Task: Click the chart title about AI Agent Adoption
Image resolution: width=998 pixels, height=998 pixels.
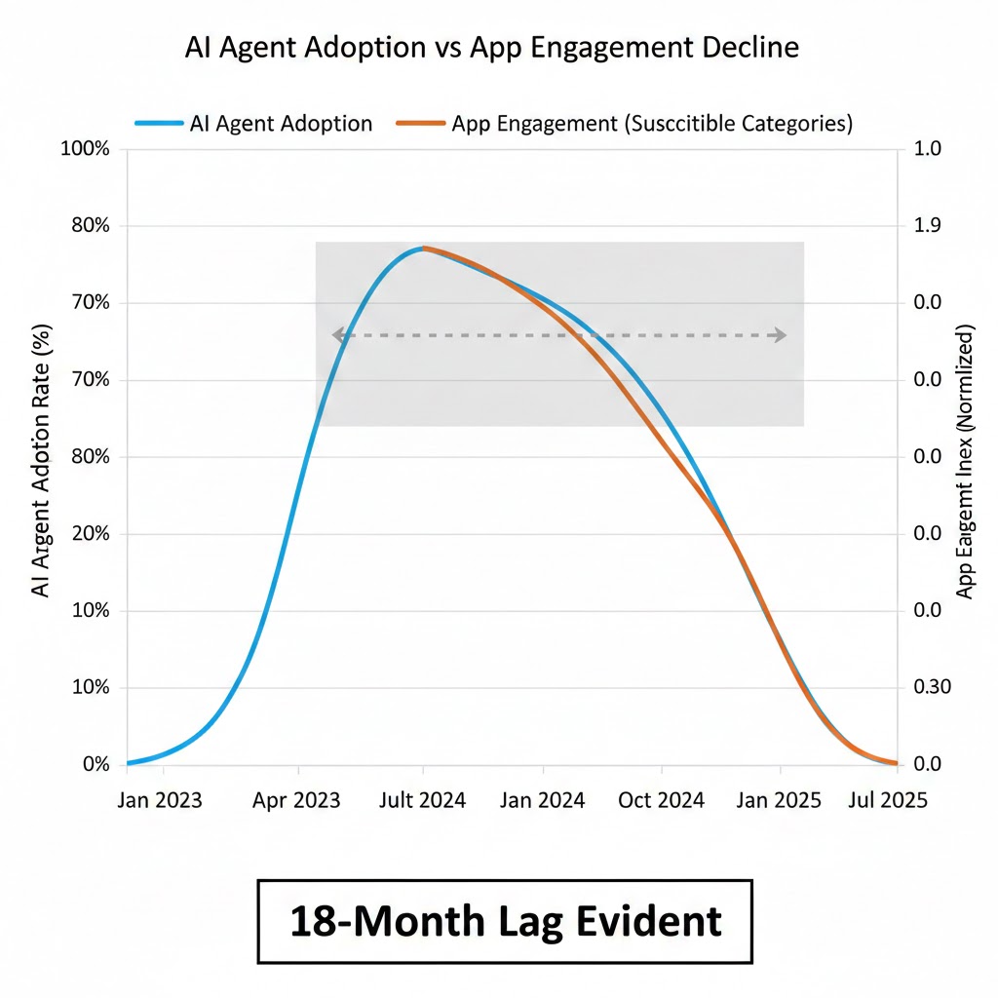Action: pyautogui.click(x=492, y=49)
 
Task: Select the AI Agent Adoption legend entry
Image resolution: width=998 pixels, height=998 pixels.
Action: pyautogui.click(x=253, y=124)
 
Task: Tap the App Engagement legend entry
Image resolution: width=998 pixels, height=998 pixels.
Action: pyautogui.click(x=625, y=124)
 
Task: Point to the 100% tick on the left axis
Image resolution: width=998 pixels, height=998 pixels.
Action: pyautogui.click(x=86, y=149)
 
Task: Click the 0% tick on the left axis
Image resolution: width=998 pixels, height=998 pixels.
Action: pyautogui.click(x=96, y=764)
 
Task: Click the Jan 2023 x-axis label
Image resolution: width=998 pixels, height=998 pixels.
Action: pyautogui.click(x=160, y=800)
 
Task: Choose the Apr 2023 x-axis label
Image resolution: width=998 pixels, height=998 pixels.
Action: pyautogui.click(x=296, y=800)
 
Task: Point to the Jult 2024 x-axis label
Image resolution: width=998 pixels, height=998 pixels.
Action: pyautogui.click(x=421, y=800)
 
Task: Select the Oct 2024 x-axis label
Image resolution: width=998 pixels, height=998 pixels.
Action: pyautogui.click(x=662, y=800)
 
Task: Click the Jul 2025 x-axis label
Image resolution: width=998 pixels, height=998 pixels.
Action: pyautogui.click(x=886, y=800)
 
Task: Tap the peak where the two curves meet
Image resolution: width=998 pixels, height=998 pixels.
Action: pyautogui.click(x=423, y=248)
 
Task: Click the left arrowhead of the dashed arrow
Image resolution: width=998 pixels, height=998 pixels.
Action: pyautogui.click(x=338, y=335)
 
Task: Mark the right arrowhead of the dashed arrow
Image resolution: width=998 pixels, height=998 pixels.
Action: pyautogui.click(x=780, y=335)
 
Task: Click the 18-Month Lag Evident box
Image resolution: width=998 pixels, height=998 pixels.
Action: pyautogui.click(x=505, y=921)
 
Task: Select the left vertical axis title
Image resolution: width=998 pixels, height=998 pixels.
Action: pyautogui.click(x=43, y=455)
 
